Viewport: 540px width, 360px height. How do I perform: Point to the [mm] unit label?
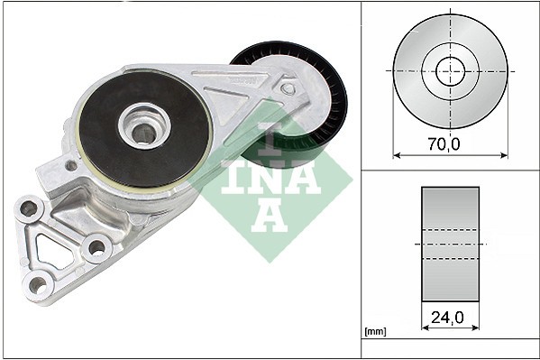[374, 332]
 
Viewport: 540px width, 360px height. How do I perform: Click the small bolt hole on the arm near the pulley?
[288, 88]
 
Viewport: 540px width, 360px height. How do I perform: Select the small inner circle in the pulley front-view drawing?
[450, 70]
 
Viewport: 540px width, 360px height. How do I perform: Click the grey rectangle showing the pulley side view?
[450, 244]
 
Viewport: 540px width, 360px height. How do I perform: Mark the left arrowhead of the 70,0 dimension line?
[397, 154]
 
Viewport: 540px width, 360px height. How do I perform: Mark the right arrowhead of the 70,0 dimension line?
[504, 154]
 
